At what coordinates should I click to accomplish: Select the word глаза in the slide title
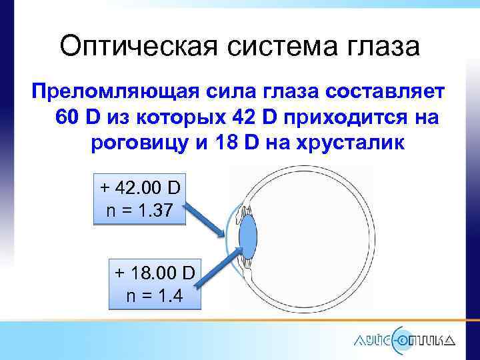383,47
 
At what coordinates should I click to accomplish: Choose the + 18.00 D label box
154,283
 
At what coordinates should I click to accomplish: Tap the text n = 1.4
154,295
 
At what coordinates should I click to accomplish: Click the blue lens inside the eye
247,239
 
